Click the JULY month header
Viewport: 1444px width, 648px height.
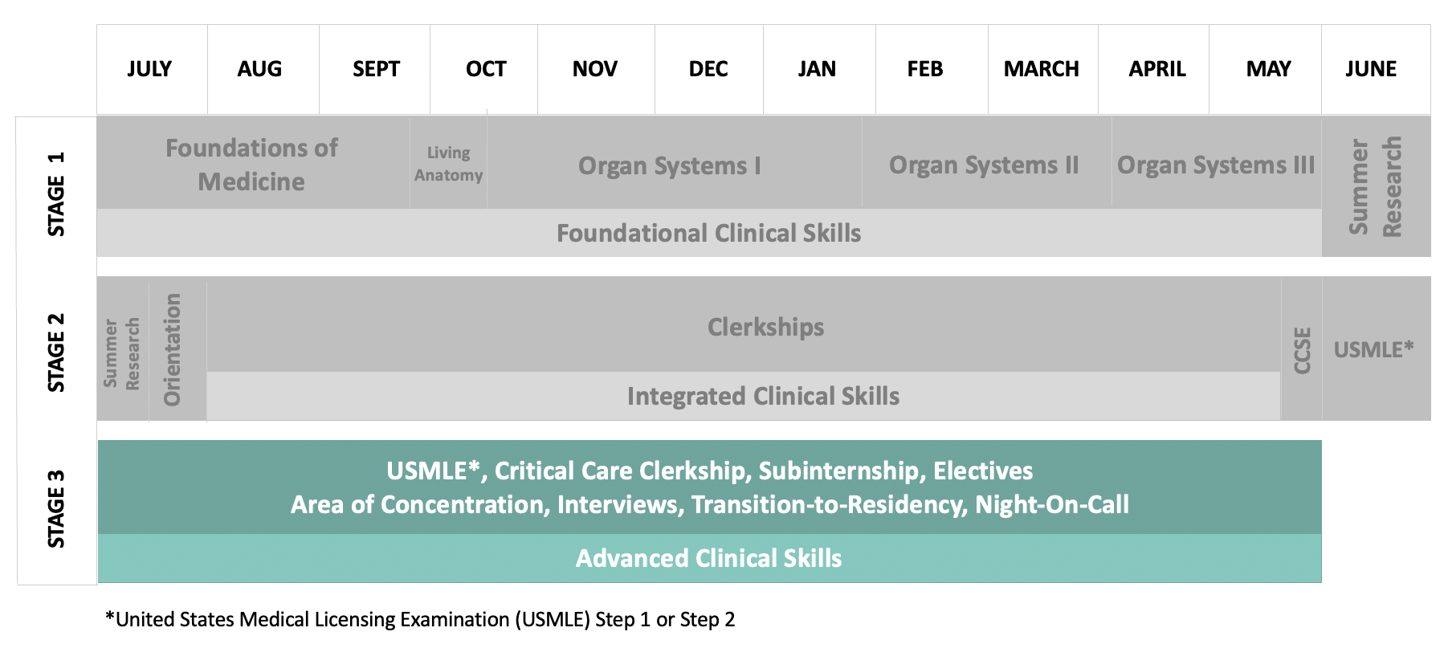pyautogui.click(x=149, y=69)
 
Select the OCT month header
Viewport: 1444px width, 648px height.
pyautogui.click(x=486, y=69)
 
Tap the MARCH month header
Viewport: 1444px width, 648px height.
pyautogui.click(x=1042, y=69)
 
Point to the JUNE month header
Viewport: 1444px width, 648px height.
pyautogui.click(x=1371, y=69)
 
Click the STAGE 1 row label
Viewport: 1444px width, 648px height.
pyautogui.click(x=56, y=194)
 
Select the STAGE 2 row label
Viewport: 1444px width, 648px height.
pyautogui.click(x=56, y=352)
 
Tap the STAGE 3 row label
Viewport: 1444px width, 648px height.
pyautogui.click(x=56, y=509)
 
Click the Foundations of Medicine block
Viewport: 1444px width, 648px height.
pyautogui.click(x=253, y=163)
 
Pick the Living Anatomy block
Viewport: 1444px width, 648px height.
pyautogui.click(x=448, y=163)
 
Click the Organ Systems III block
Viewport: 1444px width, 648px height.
pyautogui.click(x=1217, y=163)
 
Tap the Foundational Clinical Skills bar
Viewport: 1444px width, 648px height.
pyautogui.click(x=709, y=233)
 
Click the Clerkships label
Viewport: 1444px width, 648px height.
pyautogui.click(x=766, y=327)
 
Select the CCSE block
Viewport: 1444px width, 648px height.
pyautogui.click(x=1301, y=349)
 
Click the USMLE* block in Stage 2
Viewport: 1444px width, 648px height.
pyautogui.click(x=1377, y=349)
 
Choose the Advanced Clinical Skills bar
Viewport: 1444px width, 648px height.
pyautogui.click(x=709, y=558)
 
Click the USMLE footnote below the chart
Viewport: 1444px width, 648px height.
pyautogui.click(x=420, y=620)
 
